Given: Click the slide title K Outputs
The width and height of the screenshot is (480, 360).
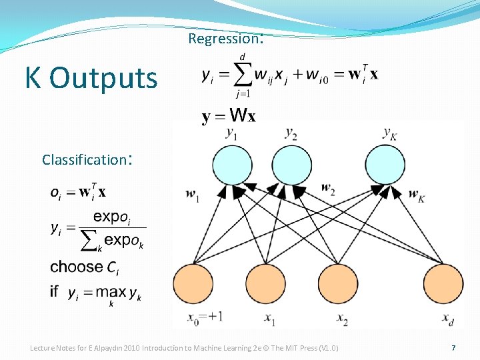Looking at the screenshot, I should [x=91, y=78].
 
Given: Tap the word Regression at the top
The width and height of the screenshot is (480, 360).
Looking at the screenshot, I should [x=224, y=39].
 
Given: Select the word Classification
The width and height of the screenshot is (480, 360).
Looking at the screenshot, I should [x=84, y=160].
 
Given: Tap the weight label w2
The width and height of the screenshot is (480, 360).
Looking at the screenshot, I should [x=328, y=189].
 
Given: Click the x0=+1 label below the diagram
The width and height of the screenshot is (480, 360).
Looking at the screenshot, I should [x=205, y=318].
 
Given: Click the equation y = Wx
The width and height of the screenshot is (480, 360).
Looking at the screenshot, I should [x=228, y=117].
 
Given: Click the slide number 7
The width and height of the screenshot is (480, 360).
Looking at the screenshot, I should [x=453, y=348].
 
